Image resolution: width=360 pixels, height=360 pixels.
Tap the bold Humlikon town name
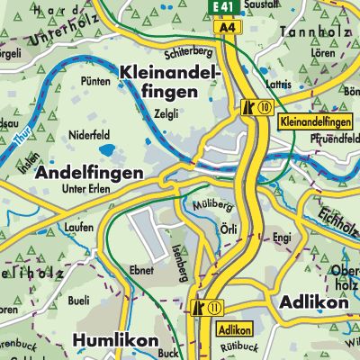coord(115,341)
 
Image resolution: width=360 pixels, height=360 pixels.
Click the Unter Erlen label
coord(86,190)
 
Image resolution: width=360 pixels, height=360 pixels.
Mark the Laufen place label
coord(79,228)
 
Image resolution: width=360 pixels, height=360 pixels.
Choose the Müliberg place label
coord(209,205)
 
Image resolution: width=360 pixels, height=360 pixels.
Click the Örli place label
coord(229,229)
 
